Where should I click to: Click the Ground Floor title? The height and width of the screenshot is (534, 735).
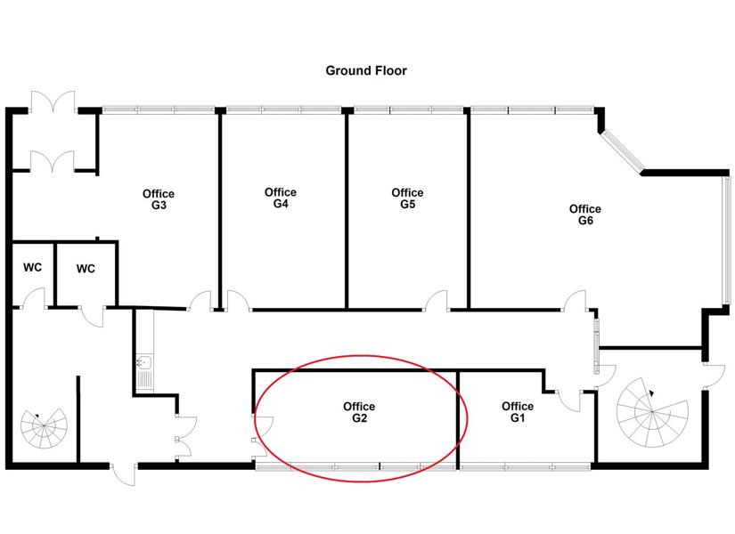pyautogui.click(x=366, y=70)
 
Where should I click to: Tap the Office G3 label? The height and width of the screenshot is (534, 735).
pyautogui.click(x=159, y=199)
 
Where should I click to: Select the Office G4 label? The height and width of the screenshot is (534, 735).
pyautogui.click(x=281, y=198)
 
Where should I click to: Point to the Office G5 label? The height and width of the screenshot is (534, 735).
pyautogui.click(x=407, y=198)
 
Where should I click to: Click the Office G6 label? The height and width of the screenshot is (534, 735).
pyautogui.click(x=585, y=214)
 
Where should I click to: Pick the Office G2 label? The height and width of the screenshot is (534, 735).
pyautogui.click(x=359, y=412)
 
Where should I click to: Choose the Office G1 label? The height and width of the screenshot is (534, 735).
pyautogui.click(x=518, y=412)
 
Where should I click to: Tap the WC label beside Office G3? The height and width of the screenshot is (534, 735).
pyautogui.click(x=86, y=269)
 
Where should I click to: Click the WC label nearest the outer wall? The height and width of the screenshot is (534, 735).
pyautogui.click(x=32, y=268)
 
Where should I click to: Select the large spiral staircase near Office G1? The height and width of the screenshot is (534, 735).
pyautogui.click(x=652, y=412)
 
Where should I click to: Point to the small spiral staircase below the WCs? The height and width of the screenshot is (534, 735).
pyautogui.click(x=44, y=425)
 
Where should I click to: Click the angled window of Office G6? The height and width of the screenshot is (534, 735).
pyautogui.click(x=623, y=150)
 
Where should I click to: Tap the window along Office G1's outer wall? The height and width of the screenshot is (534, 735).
pyautogui.click(x=525, y=466)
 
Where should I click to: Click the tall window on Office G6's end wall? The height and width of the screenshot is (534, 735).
pyautogui.click(x=727, y=239)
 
